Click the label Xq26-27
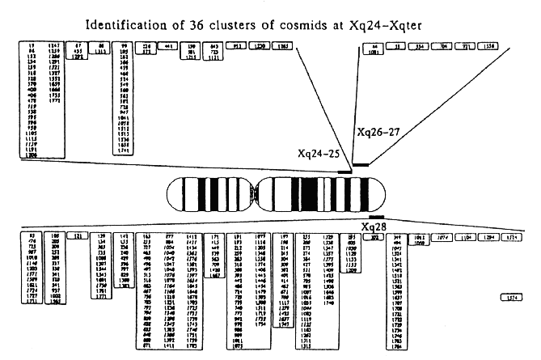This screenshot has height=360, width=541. [379, 129]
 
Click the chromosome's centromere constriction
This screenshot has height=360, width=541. [256, 195]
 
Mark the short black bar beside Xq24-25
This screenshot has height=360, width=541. [345, 171]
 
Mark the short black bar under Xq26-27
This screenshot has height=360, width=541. [361, 165]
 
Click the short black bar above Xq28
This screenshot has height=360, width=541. [376, 217]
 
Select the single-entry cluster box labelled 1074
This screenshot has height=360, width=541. [460, 238]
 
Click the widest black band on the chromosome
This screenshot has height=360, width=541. [308, 195]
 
